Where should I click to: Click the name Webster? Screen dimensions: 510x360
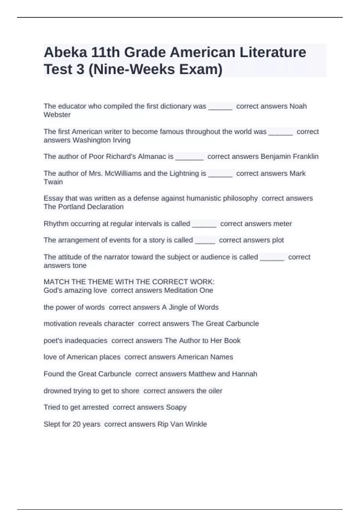57,115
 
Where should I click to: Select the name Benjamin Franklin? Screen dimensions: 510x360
289,157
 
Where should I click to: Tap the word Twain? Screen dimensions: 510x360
53,182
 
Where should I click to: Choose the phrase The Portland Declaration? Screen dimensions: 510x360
83,207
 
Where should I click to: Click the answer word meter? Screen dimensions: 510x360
282,224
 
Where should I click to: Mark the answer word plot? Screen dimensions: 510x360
278,240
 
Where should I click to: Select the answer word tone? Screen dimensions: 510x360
79,265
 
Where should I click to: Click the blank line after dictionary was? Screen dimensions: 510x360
220,107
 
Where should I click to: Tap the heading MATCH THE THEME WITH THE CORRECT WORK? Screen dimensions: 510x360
129,282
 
